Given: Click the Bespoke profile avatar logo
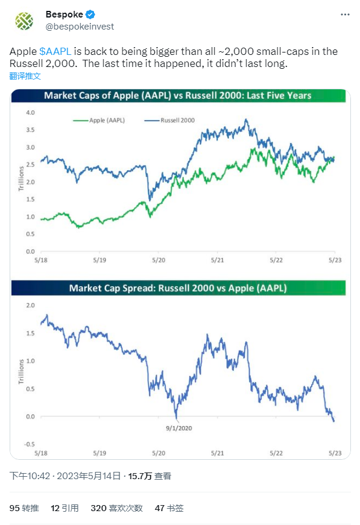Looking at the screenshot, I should click(x=24, y=21).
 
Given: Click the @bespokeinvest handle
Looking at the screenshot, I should click(x=80, y=27).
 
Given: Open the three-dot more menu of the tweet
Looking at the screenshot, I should click(x=343, y=14).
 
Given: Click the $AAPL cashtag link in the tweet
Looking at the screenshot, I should click(x=54, y=52).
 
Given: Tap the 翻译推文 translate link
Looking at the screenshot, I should click(x=25, y=76).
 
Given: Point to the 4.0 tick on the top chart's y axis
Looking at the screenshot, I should click(x=30, y=113).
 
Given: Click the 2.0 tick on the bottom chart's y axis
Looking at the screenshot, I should click(x=30, y=305).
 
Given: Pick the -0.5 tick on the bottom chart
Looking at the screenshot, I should click(x=29, y=444).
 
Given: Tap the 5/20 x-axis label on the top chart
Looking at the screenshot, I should click(x=159, y=259).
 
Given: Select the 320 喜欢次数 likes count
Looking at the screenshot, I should click(x=116, y=508).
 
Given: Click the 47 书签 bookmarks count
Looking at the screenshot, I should click(x=169, y=508).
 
